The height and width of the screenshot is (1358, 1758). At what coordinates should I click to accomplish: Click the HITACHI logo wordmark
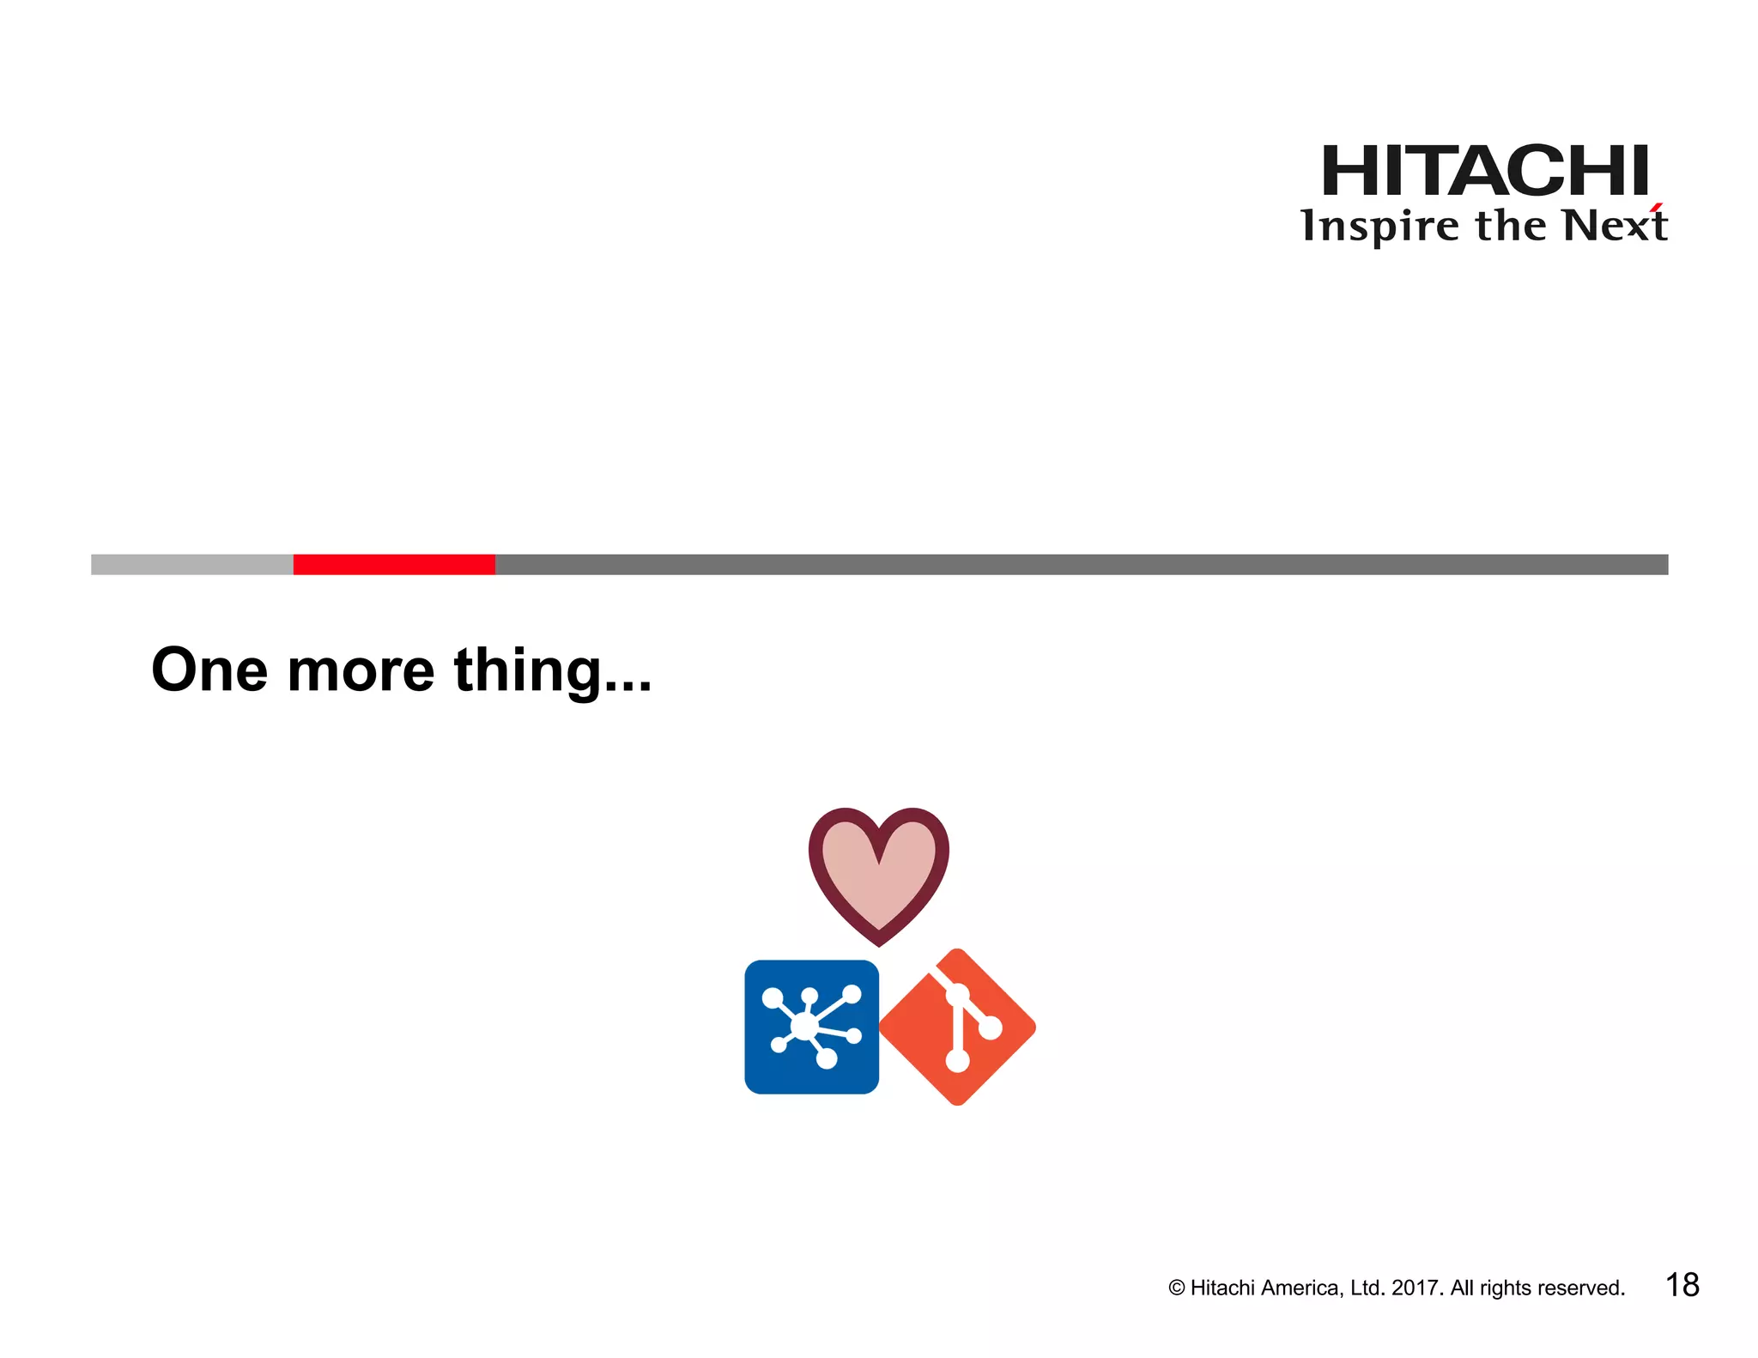tap(1484, 171)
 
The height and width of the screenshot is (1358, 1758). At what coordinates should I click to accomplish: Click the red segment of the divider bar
tap(394, 564)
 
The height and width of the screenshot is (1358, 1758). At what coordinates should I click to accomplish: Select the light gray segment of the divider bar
tap(191, 564)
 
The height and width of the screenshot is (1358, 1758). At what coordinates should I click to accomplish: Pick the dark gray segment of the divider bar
tap(1081, 564)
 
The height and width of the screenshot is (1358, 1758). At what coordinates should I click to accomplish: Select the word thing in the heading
tap(527, 671)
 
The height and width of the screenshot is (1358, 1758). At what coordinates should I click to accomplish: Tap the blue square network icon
tap(811, 1027)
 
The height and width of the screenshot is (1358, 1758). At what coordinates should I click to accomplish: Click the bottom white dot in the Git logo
tap(957, 1061)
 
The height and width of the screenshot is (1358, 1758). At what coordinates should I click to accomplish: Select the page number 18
tap(1682, 1285)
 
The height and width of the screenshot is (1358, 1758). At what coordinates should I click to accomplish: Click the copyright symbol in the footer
tap(1176, 1288)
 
